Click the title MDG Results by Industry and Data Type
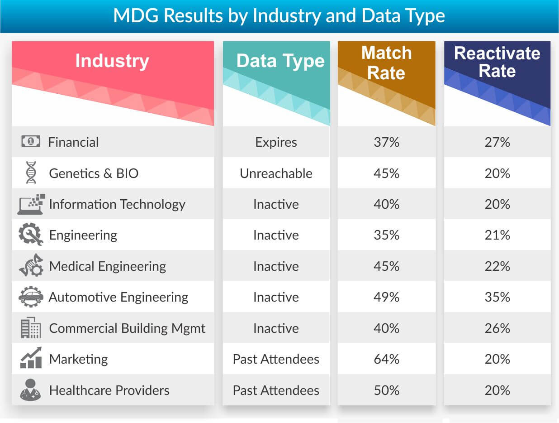pyautogui.click(x=279, y=16)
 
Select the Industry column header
pyautogui.click(x=112, y=61)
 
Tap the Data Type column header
pyautogui.click(x=280, y=61)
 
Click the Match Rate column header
pyautogui.click(x=386, y=63)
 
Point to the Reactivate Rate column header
pyautogui.click(x=497, y=62)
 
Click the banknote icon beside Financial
pyautogui.click(x=31, y=142)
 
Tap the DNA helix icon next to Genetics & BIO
pyautogui.click(x=31, y=173)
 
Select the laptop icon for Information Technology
pyautogui.click(x=31, y=204)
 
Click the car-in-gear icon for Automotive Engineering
pyautogui.click(x=31, y=297)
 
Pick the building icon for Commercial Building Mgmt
pyautogui.click(x=31, y=328)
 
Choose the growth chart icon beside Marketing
pyautogui.click(x=31, y=359)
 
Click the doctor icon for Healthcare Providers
pyautogui.click(x=31, y=390)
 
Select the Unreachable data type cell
pyautogui.click(x=276, y=173)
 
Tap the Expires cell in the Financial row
pyautogui.click(x=276, y=142)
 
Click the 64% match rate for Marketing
pyautogui.click(x=387, y=359)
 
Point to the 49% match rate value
pyautogui.click(x=387, y=297)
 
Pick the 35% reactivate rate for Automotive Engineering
pyautogui.click(x=497, y=297)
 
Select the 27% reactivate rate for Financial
pyautogui.click(x=497, y=142)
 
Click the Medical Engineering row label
pyautogui.click(x=108, y=266)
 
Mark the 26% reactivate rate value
pyautogui.click(x=497, y=328)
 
